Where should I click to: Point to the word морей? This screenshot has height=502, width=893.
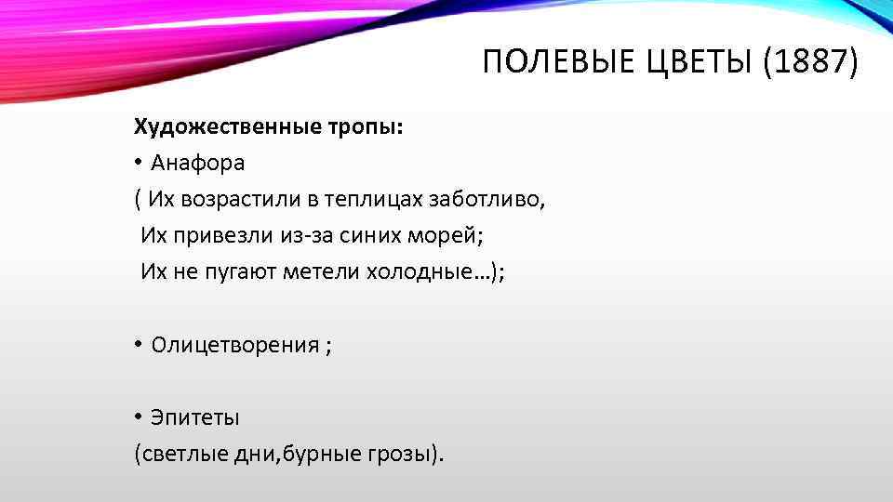tap(451, 235)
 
